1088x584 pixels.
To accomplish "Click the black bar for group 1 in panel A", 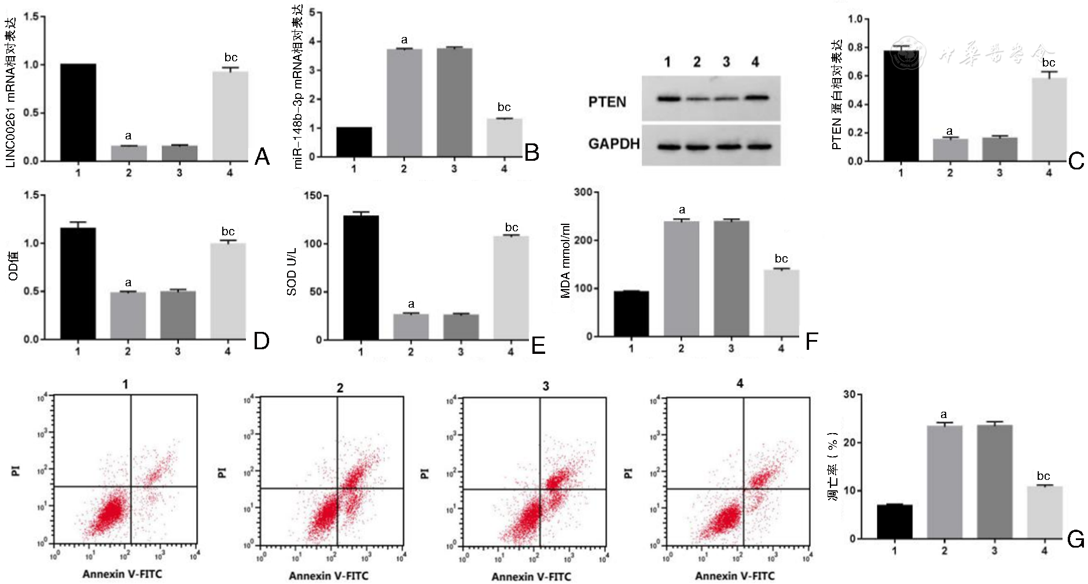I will (78, 112).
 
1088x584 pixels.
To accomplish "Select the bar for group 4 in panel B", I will (504, 138).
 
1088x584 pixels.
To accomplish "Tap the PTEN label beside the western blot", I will (607, 102).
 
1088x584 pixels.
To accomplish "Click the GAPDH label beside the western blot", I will (613, 144).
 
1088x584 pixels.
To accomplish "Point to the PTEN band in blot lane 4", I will (756, 98).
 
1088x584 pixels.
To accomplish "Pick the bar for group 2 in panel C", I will (950, 150).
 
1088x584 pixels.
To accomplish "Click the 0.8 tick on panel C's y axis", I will (855, 47).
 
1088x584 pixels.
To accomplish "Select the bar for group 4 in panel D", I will (228, 291).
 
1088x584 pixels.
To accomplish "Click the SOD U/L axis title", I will (292, 272).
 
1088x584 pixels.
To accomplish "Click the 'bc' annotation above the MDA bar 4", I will (781, 258).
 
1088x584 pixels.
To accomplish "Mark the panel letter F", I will (812, 342).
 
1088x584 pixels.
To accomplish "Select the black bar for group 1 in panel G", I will (895, 522).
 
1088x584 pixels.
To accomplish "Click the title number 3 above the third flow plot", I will (546, 386).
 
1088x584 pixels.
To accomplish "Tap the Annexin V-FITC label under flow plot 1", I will (122, 574).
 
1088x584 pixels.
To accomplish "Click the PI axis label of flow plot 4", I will (628, 473).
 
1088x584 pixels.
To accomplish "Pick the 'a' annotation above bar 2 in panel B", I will (404, 40).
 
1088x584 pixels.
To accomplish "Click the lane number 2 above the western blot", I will (697, 62).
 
